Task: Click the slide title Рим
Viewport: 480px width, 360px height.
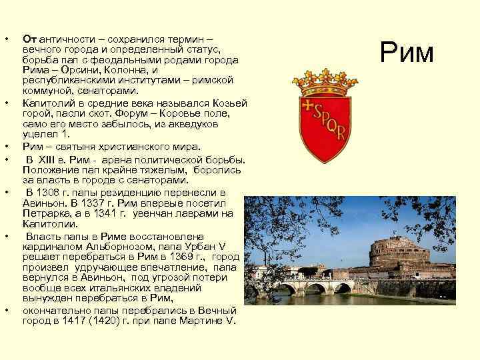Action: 407,53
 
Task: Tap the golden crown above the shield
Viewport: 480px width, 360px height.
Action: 325,82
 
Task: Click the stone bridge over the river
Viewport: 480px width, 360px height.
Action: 313,287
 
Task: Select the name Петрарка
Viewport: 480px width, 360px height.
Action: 45,213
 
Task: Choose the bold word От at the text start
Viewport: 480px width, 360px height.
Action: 29,39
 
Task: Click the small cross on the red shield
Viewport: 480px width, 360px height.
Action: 308,105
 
